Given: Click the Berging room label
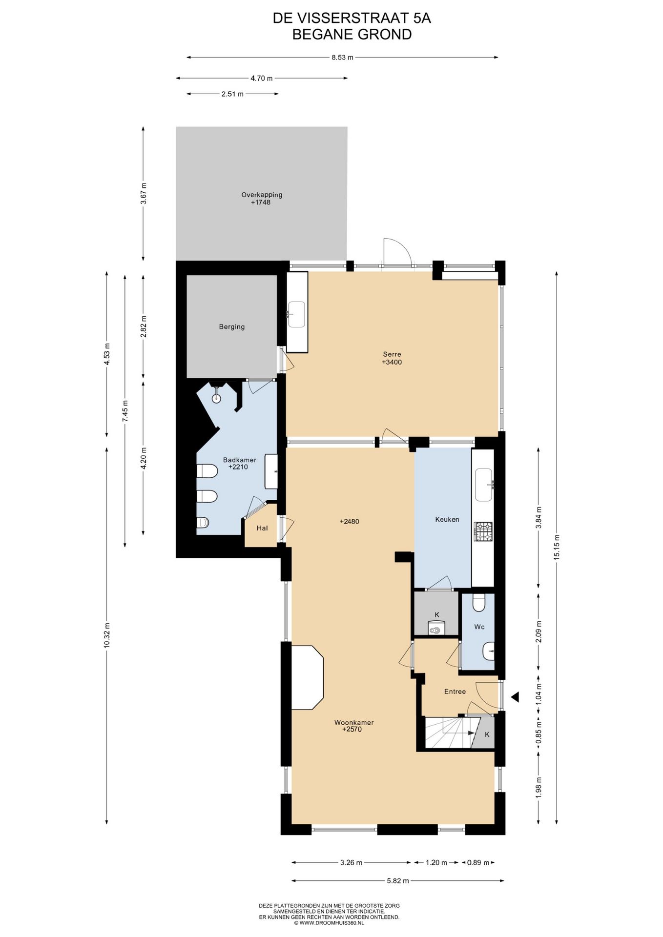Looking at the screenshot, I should pos(231,327).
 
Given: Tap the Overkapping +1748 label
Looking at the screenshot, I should pos(262,198).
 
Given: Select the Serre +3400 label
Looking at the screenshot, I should pos(392,358).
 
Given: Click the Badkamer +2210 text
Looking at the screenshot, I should pos(239,463).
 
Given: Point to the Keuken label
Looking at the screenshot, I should pos(447,519).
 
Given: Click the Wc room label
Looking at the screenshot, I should pos(479,627).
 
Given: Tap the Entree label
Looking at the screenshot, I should pos(455,692).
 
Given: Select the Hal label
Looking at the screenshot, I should pos(262,528).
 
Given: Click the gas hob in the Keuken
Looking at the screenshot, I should pos(483,531).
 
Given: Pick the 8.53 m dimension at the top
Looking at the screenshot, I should pos(342,58).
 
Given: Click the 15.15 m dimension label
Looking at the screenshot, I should pos(557,548).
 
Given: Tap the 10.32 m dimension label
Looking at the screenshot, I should pos(106,635).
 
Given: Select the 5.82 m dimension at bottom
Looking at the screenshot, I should pos(397,881).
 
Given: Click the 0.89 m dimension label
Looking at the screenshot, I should pos(478,863).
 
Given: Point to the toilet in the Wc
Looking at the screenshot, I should pos(478,603).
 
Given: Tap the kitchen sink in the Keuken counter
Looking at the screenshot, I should pos(484,484).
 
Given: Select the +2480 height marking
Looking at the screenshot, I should pos(349,522).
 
